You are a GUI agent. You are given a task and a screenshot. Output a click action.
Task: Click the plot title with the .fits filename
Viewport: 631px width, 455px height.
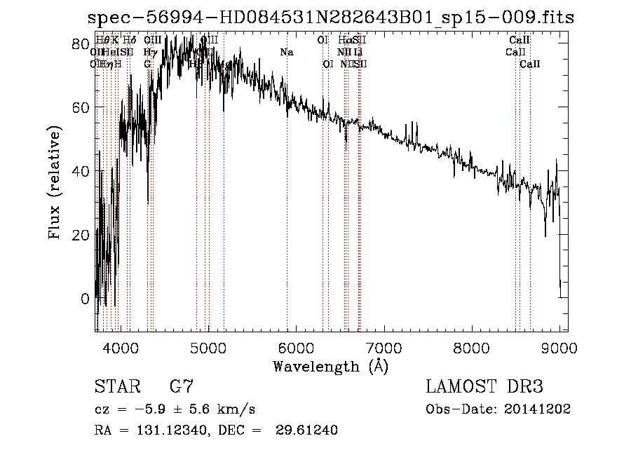click(x=330, y=18)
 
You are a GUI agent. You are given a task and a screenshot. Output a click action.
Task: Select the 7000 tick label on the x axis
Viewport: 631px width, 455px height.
click(x=384, y=348)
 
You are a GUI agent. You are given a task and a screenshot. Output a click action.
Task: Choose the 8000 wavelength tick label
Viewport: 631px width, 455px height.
click(x=472, y=348)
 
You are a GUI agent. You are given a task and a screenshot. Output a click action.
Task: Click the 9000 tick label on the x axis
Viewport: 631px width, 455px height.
click(x=559, y=348)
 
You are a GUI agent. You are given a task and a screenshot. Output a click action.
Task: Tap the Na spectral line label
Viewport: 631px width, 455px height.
click(x=286, y=53)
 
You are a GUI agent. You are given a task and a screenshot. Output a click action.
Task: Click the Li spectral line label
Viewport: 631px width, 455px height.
click(x=358, y=53)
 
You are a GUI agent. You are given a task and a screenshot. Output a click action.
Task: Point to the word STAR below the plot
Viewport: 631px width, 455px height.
click(x=116, y=387)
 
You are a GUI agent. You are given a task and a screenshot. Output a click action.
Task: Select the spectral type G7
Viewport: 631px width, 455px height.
click(x=182, y=387)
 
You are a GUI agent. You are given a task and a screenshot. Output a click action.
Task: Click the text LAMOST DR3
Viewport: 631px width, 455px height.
click(x=484, y=387)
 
